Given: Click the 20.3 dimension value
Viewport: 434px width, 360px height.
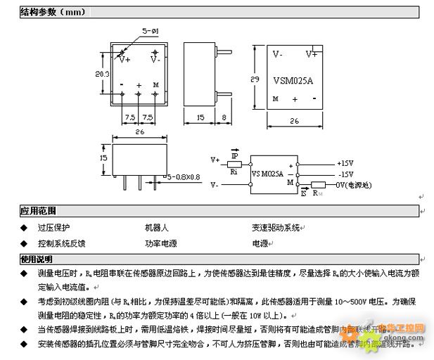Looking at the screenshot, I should click(x=102, y=74).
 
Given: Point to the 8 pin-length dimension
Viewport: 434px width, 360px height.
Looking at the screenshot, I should click(x=223, y=117).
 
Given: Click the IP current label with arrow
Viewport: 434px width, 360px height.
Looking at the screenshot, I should click(x=235, y=153).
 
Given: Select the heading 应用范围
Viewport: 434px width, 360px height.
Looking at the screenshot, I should click(x=38, y=210).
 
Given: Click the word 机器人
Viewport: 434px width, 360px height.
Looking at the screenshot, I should click(x=156, y=227).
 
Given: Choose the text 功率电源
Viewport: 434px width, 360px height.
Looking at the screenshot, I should click(x=160, y=243).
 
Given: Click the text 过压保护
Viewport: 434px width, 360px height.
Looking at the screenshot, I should click(x=54, y=227).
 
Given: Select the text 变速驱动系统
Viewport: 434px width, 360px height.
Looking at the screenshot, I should click(x=276, y=227).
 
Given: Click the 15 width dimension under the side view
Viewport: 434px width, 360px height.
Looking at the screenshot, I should click(x=200, y=117).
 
